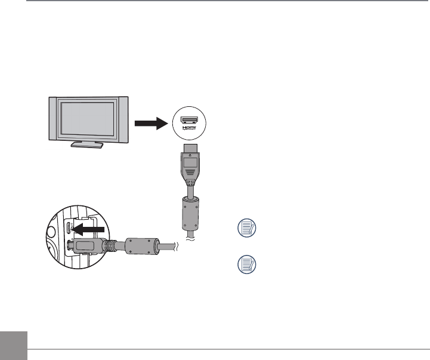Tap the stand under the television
coord(86,144)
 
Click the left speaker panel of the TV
coord(54,119)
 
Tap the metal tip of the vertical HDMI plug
coord(190,147)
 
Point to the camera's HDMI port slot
coord(70,228)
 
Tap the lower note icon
coord(246,263)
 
